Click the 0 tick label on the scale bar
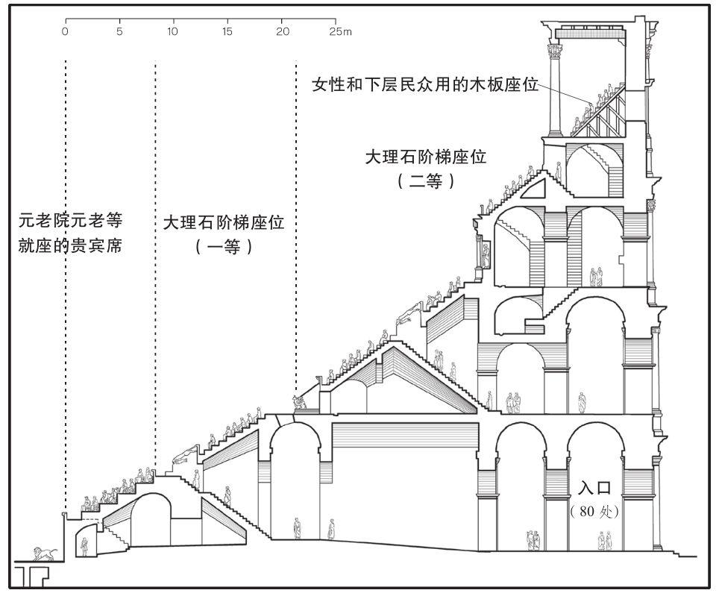[x=66, y=32]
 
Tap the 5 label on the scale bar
[x=120, y=32]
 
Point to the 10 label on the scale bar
[x=172, y=32]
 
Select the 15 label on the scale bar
[x=227, y=32]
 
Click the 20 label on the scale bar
[x=283, y=32]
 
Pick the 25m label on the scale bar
[x=341, y=32]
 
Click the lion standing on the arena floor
[x=45, y=553]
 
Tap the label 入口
[x=594, y=488]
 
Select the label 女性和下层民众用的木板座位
[x=425, y=85]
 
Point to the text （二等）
[x=426, y=181]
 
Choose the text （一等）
[x=223, y=247]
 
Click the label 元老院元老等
[x=70, y=220]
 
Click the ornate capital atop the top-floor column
[x=554, y=50]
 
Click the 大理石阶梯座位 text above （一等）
[x=223, y=223]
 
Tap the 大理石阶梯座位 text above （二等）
[x=426, y=157]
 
